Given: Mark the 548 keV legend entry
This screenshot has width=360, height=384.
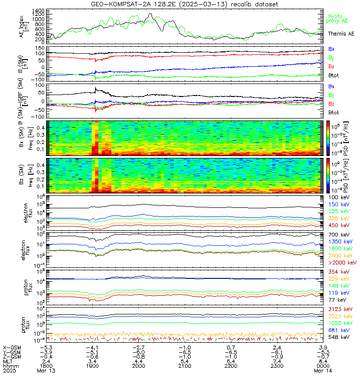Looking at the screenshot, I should (338, 337).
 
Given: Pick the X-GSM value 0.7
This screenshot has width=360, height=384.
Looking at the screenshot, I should (229, 347).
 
